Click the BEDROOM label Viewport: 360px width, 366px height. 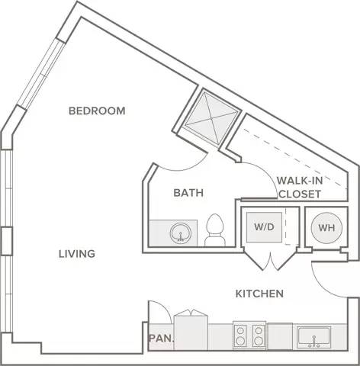pyautogui.click(x=97, y=111)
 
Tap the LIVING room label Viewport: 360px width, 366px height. pyautogui.click(x=77, y=254)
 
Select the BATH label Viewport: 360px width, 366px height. pyautogui.click(x=188, y=193)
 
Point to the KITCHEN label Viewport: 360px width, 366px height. pyautogui.click(x=259, y=294)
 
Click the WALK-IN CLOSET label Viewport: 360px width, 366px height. pyautogui.click(x=300, y=188)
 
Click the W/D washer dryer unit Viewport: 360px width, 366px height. pyautogui.click(x=264, y=227)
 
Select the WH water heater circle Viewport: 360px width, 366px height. pyautogui.click(x=326, y=227)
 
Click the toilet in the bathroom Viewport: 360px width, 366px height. pyautogui.click(x=215, y=230)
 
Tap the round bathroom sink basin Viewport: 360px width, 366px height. pyautogui.click(x=181, y=233)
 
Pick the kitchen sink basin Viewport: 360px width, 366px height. pyautogui.click(x=314, y=338)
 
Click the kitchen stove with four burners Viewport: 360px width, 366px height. pyautogui.click(x=249, y=335)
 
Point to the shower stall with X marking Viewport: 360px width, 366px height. pyautogui.click(x=212, y=119)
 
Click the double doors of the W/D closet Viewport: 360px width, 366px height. pyautogui.click(x=270, y=260)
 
